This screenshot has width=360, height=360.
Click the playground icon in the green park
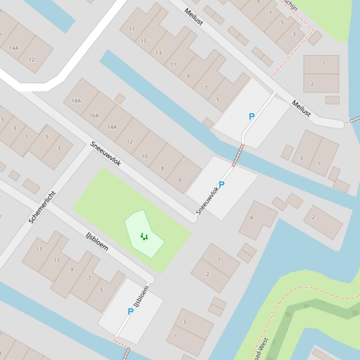pyautogui.click(x=144, y=237)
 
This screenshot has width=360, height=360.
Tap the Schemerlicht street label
pyautogui.click(x=42, y=207)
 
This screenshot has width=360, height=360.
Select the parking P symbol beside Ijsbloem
pyautogui.click(x=131, y=311)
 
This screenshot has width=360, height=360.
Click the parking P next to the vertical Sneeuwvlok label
pyautogui.click(x=221, y=185)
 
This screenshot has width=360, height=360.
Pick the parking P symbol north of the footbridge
pyautogui.click(x=251, y=116)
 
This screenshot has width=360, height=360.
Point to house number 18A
pyautogui.click(x=76, y=101)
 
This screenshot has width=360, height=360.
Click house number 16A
pyautogui.click(x=94, y=115)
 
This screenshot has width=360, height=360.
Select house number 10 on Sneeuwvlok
pyautogui.click(x=145, y=157)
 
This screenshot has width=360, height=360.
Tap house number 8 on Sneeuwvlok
pyautogui.click(x=162, y=168)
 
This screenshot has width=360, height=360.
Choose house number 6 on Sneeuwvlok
pyautogui.click(x=180, y=180)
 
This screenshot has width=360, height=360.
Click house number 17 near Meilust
pyautogui.click(x=132, y=29)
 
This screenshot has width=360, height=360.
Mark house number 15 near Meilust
pyautogui.click(x=143, y=41)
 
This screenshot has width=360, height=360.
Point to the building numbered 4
pyautogui.click(x=251, y=217)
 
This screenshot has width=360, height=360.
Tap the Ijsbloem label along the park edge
pyautogui.click(x=97, y=241)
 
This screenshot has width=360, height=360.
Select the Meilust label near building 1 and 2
pyautogui.click(x=301, y=108)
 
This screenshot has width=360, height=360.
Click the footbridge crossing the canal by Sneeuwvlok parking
pyautogui.click(x=238, y=155)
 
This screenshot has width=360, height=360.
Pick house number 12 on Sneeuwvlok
pyautogui.click(x=130, y=141)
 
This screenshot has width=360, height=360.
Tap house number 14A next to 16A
pyautogui.click(x=112, y=127)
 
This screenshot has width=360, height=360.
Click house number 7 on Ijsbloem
pyautogui.click(x=89, y=278)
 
